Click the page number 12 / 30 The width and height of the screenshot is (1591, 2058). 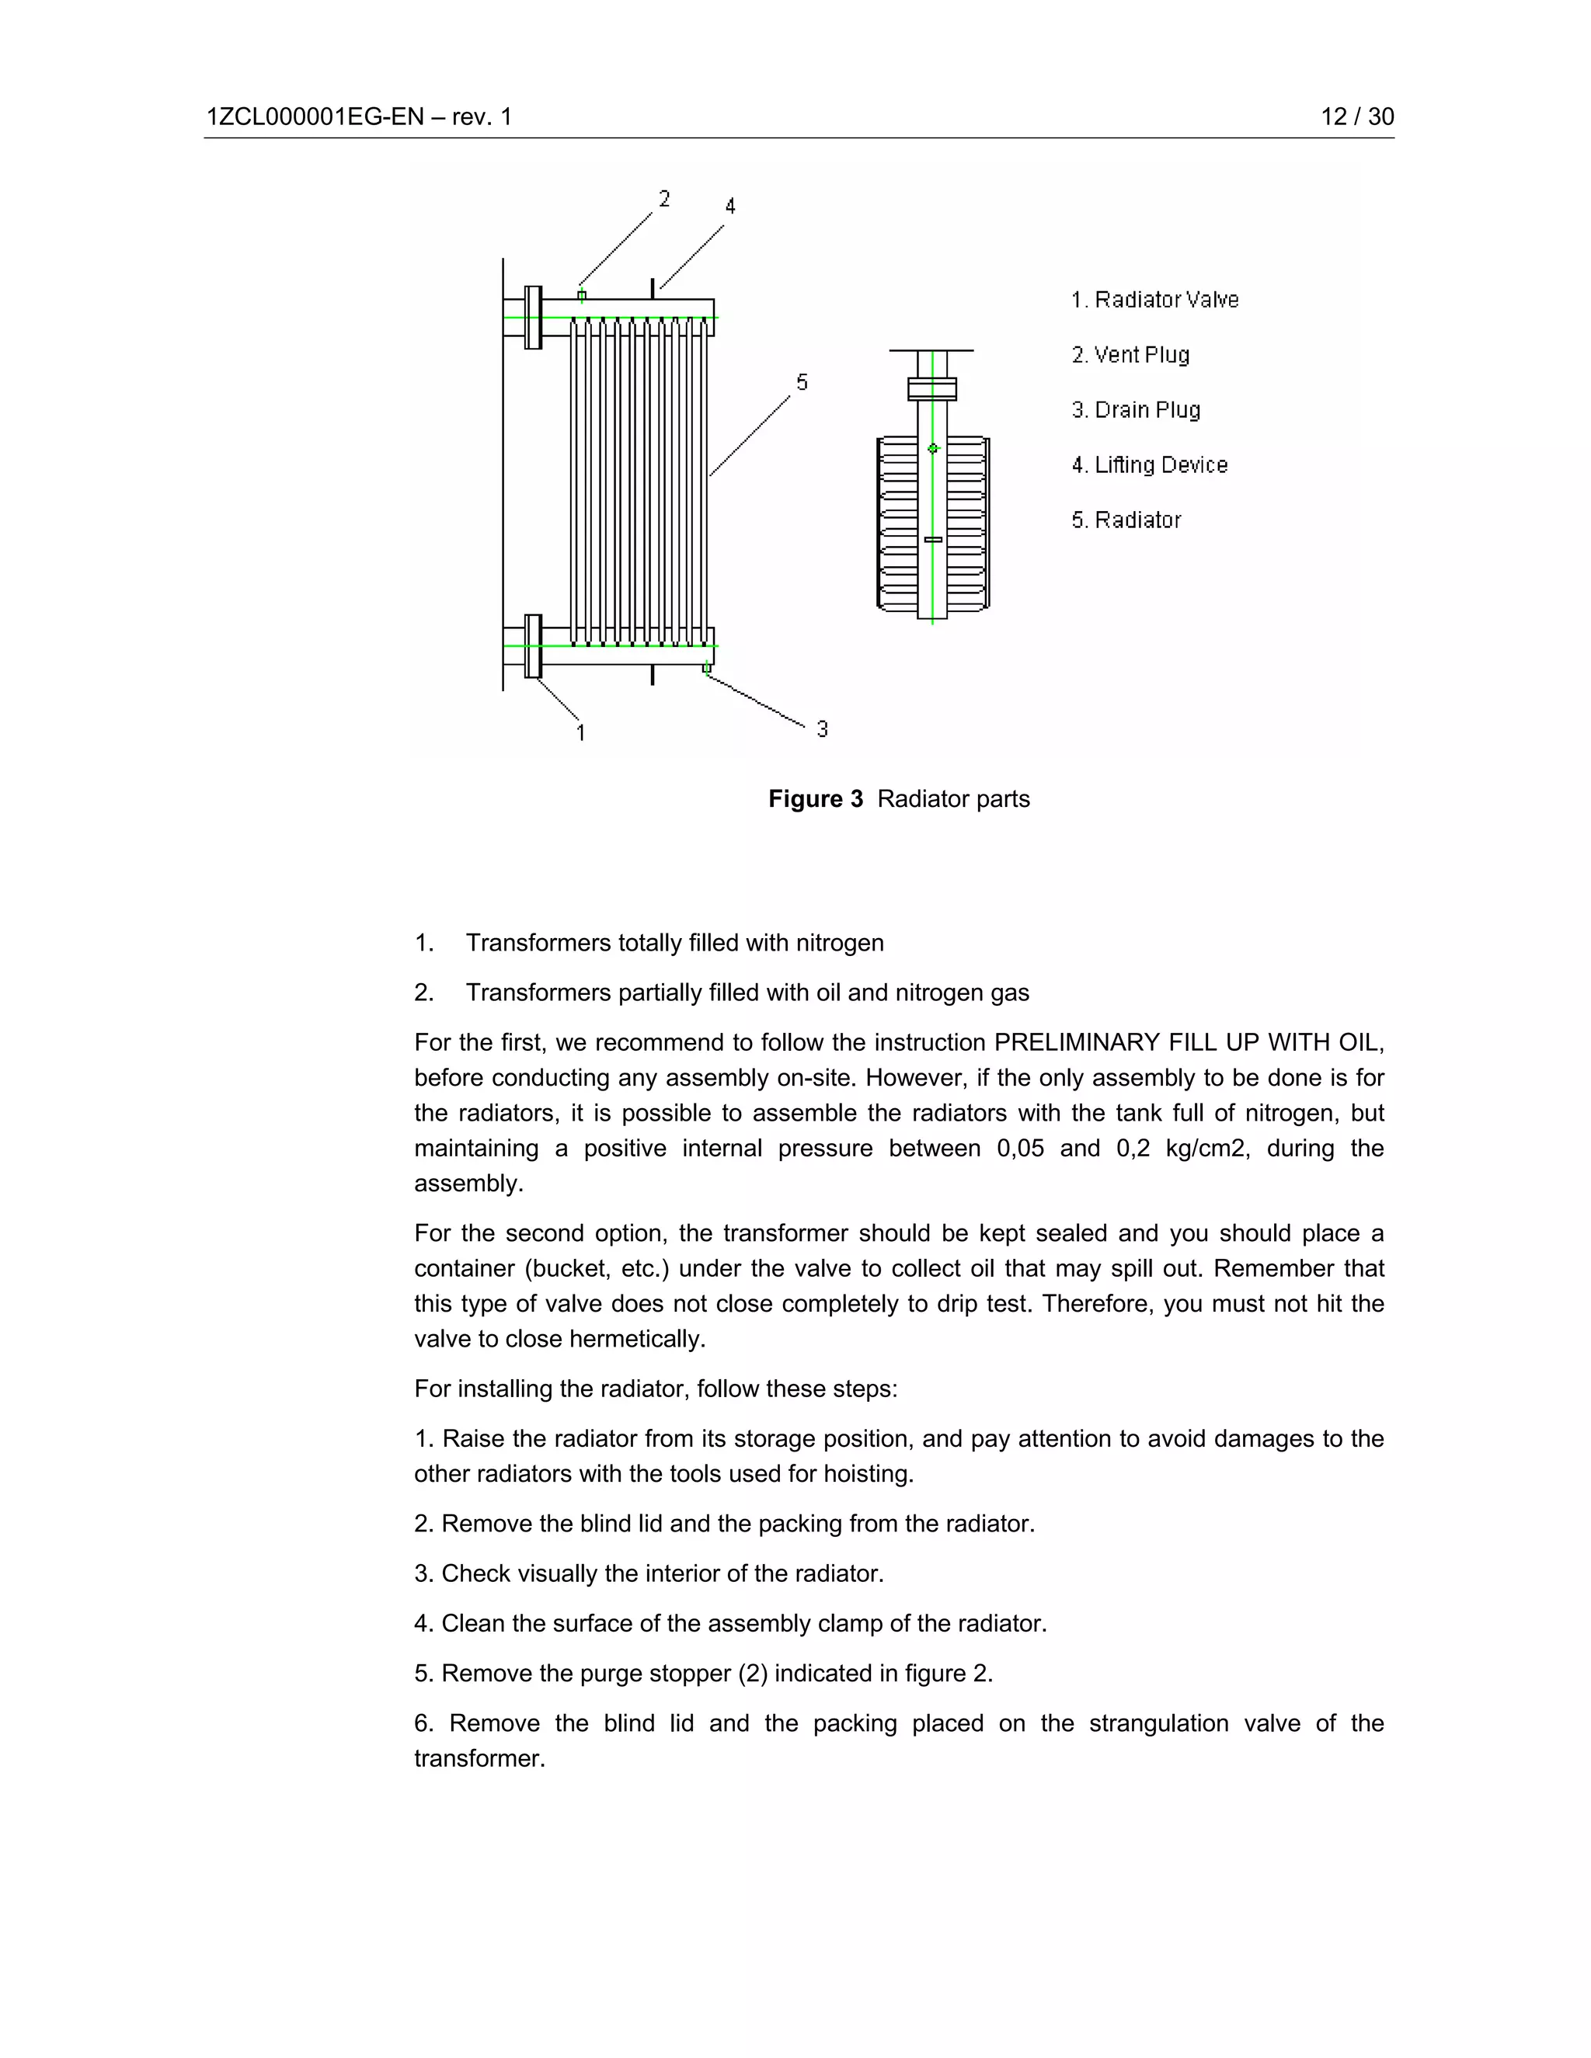(x=1356, y=116)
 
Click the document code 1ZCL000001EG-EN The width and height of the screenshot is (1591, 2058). (x=315, y=116)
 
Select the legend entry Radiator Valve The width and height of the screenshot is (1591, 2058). (x=1154, y=300)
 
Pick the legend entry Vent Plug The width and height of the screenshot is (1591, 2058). (x=1130, y=355)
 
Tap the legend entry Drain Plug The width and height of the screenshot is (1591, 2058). (x=1136, y=410)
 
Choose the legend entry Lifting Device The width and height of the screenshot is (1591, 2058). (x=1149, y=465)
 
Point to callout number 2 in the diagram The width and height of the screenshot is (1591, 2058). (x=664, y=199)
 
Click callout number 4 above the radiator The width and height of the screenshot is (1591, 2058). (x=729, y=207)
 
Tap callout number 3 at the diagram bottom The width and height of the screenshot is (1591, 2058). (x=822, y=729)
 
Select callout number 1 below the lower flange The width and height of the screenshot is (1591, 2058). (x=580, y=732)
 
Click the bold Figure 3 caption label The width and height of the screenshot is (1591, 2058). (x=815, y=799)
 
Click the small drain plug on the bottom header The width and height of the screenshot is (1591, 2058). (x=706, y=668)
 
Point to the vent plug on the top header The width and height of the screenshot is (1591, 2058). (x=582, y=296)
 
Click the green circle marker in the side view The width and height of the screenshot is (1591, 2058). (x=933, y=449)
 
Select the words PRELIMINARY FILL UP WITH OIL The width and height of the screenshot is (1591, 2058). (x=1189, y=1043)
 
